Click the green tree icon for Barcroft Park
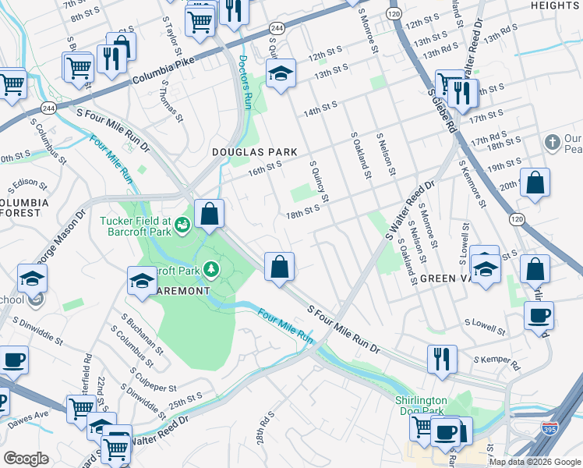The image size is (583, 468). [x=211, y=270]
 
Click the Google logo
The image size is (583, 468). [x=26, y=458]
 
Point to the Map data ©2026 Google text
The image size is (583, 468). [x=534, y=462]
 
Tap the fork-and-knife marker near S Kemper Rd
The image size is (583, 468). [x=442, y=359]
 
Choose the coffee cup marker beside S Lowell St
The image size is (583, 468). [x=539, y=316]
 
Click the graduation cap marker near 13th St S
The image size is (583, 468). [x=281, y=73]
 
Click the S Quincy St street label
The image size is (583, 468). [x=320, y=180]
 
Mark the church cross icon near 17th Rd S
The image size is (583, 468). [x=553, y=143]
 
